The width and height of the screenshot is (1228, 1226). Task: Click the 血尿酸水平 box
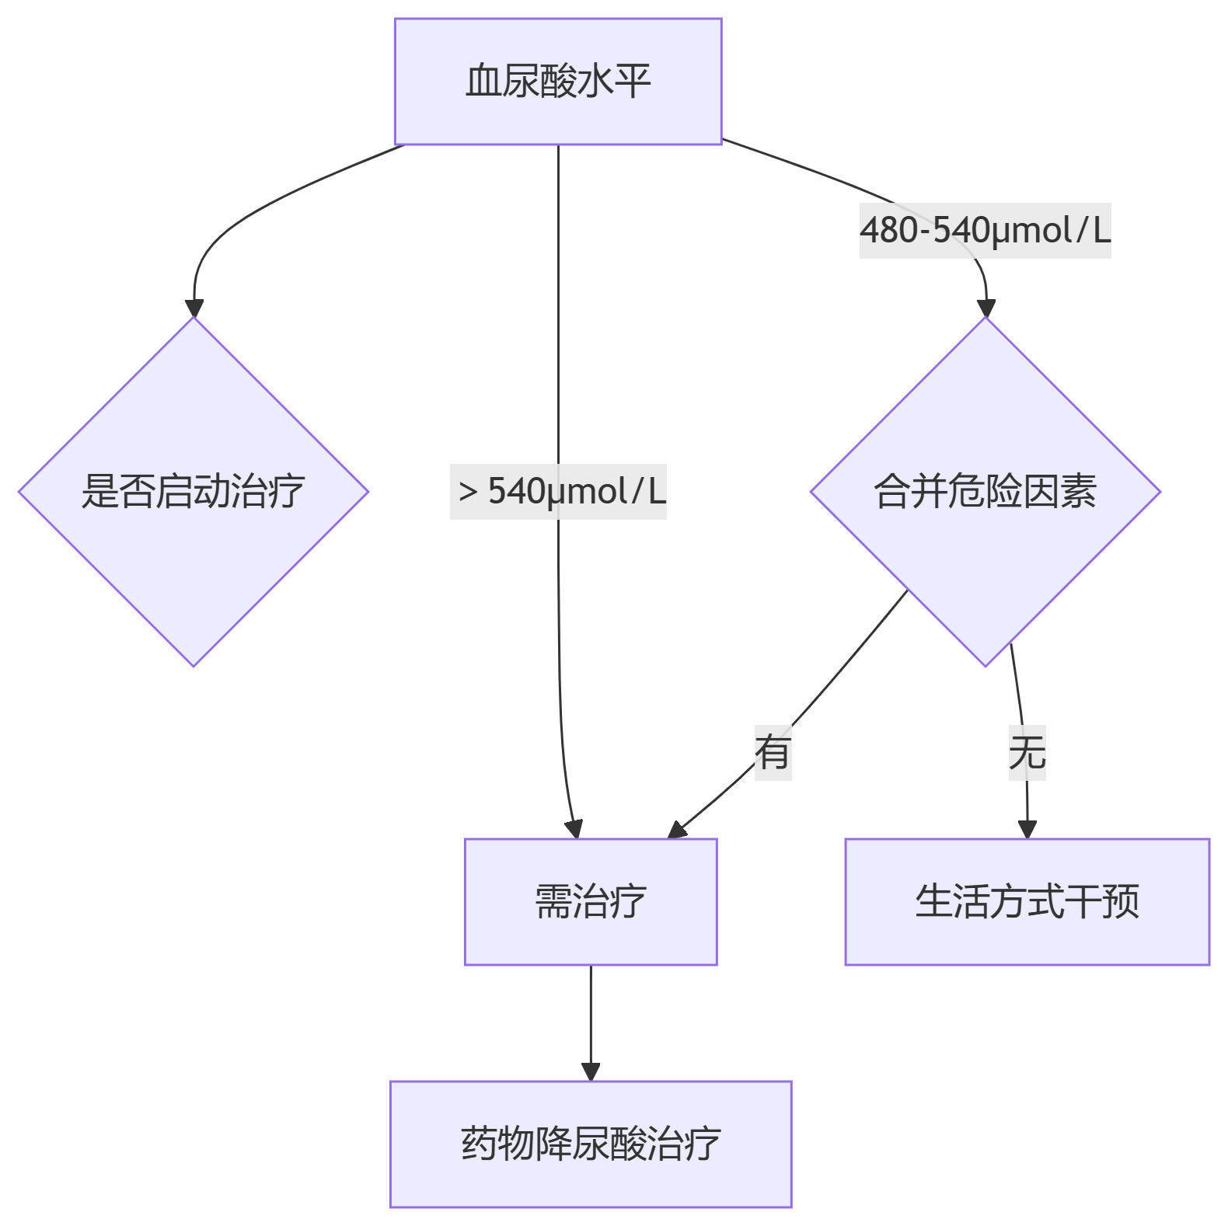click(558, 82)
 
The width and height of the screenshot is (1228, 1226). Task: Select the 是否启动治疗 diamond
click(194, 492)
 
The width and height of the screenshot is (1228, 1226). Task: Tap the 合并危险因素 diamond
click(985, 492)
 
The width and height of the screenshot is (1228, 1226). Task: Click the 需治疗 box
click(591, 901)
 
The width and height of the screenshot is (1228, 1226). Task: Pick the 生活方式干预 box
click(1027, 901)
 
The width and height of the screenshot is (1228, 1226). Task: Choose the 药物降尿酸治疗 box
click(591, 1144)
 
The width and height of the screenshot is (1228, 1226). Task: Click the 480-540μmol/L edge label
click(985, 231)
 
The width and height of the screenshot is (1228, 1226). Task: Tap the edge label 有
click(773, 752)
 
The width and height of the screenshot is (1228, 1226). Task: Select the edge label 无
click(1027, 752)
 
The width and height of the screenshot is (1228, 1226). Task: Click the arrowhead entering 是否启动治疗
click(194, 308)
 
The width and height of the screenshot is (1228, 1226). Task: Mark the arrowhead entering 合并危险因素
click(986, 308)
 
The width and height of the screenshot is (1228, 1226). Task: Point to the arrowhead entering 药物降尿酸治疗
click(591, 1072)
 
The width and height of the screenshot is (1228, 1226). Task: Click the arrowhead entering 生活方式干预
click(1027, 830)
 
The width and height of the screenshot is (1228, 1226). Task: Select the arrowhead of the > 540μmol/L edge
click(574, 829)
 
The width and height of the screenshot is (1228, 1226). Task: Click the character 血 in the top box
click(483, 82)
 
